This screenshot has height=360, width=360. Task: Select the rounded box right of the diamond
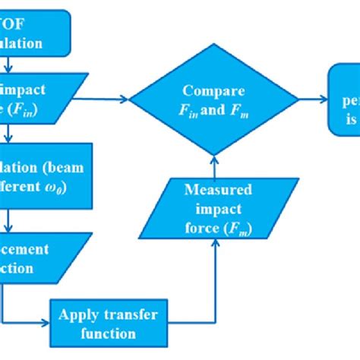346,98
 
